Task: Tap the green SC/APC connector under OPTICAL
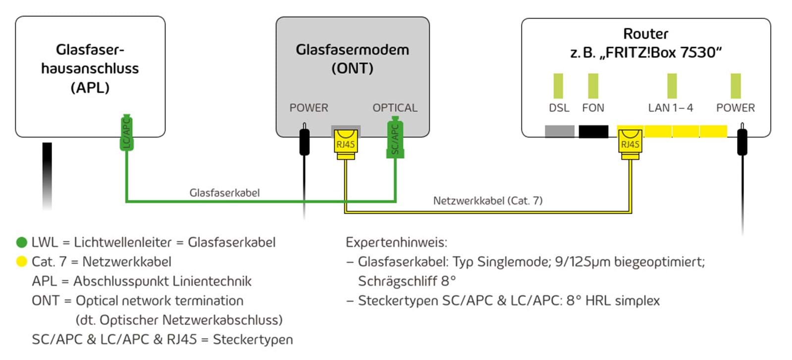[395, 138]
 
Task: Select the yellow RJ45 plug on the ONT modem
[345, 144]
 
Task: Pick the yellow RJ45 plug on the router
[630, 144]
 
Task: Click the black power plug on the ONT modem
[305, 141]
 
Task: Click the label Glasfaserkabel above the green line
[224, 193]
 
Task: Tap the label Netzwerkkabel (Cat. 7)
[487, 201]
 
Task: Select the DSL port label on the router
[559, 108]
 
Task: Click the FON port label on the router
[593, 108]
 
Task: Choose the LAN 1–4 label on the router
[670, 108]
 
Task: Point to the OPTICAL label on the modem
[395, 108]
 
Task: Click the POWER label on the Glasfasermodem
[309, 108]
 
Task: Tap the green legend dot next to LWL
[21, 242]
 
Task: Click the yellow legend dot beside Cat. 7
[21, 261]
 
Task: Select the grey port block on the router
[559, 131]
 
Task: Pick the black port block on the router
[593, 131]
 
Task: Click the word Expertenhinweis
[396, 242]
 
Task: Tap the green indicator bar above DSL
[558, 86]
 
